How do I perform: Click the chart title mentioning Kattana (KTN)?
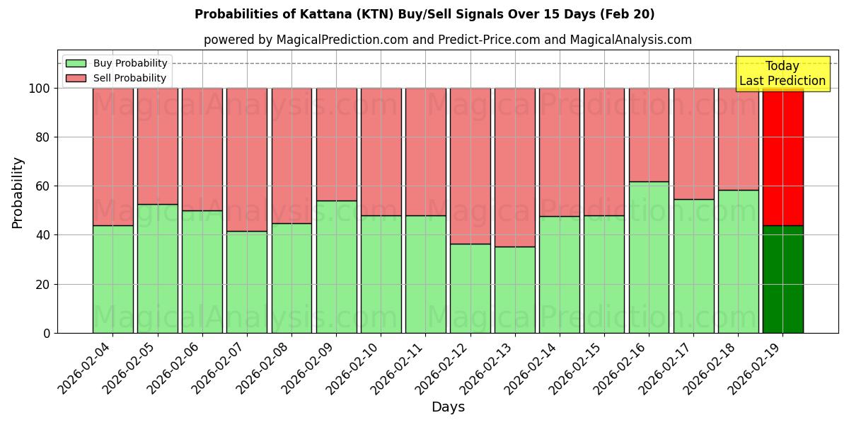tap(424, 14)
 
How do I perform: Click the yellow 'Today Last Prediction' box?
tap(782, 74)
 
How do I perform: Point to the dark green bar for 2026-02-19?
tap(782, 279)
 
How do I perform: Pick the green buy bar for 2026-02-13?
tap(514, 290)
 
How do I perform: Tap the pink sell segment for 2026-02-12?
tap(470, 166)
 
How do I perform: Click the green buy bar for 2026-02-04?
tap(112, 279)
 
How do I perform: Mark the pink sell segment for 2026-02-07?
tap(247, 159)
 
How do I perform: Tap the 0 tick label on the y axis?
tap(46, 333)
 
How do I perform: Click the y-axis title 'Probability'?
tap(18, 192)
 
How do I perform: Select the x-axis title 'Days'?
tap(448, 407)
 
